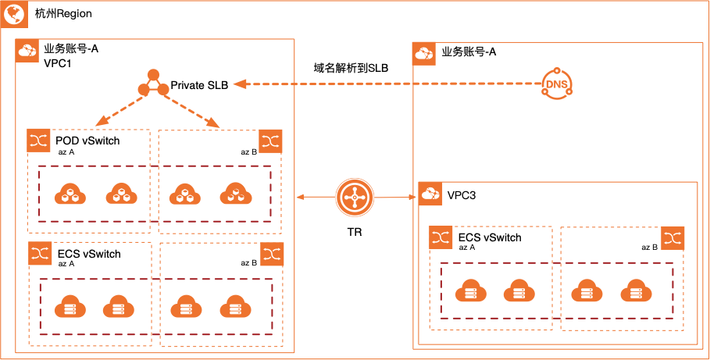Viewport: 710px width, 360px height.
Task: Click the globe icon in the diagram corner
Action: coord(15,13)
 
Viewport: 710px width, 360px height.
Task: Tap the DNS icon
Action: coord(557,84)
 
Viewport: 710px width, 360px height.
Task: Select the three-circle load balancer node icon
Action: coord(153,84)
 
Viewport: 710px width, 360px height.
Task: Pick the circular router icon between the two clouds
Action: coord(355,198)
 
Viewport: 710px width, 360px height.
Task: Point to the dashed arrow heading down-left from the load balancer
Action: coord(119,109)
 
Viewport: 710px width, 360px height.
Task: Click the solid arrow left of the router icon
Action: coord(316,198)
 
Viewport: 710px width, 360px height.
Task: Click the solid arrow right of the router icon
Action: coord(395,198)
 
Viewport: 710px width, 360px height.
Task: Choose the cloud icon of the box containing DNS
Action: coord(424,54)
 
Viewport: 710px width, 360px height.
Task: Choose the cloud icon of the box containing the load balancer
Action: coord(27,51)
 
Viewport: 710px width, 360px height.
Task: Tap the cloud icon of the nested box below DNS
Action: coord(430,194)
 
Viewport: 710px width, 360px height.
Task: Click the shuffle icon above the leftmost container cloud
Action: coord(38,141)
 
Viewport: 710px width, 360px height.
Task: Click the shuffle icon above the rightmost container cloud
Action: coord(270,141)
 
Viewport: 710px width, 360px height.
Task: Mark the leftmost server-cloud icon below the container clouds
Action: coord(70,306)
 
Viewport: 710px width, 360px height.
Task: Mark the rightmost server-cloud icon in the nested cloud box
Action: coord(636,291)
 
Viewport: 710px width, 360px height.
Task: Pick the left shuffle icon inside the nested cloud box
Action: coord(441,237)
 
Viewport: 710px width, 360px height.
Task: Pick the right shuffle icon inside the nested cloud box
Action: coord(673,237)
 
